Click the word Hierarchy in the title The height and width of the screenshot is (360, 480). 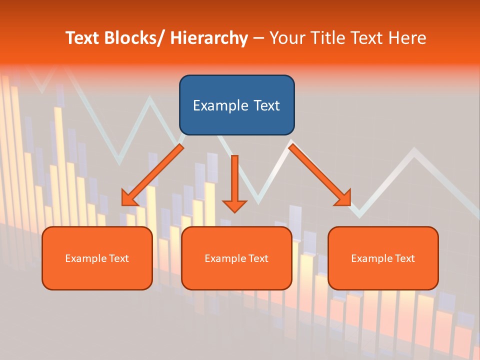pyautogui.click(x=209, y=38)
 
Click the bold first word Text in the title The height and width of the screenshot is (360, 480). pyautogui.click(x=82, y=38)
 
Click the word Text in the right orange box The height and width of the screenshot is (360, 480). pyautogui.click(x=404, y=258)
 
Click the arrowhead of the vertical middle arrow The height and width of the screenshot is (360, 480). pyautogui.click(x=234, y=205)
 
